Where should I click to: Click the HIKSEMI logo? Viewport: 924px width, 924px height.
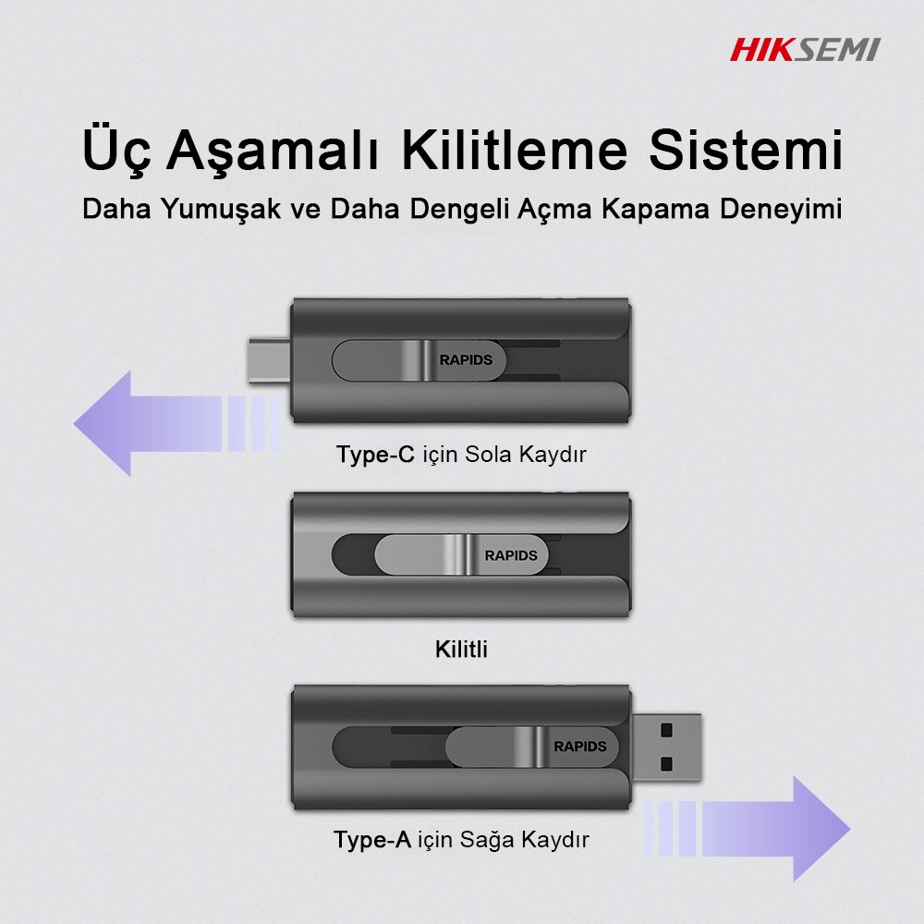pyautogui.click(x=805, y=50)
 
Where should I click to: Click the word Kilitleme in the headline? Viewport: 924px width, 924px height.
pyautogui.click(x=515, y=150)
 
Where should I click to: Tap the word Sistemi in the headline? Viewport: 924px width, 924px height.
pyautogui.click(x=746, y=150)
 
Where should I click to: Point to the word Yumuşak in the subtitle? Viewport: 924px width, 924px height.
pyautogui.click(x=221, y=209)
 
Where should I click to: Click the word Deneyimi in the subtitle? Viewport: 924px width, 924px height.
pyautogui.click(x=781, y=209)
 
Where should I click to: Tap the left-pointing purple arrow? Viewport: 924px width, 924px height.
pyautogui.click(x=176, y=424)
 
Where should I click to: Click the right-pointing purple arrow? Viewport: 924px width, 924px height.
pyautogui.click(x=747, y=829)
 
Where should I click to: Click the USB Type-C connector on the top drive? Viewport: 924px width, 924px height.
pyautogui.click(x=270, y=360)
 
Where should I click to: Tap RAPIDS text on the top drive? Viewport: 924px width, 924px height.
pyautogui.click(x=466, y=359)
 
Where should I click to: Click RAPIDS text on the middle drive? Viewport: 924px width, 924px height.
pyautogui.click(x=511, y=555)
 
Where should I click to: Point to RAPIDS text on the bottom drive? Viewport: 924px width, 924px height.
pyautogui.click(x=580, y=746)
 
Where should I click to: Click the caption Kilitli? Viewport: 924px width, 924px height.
pyautogui.click(x=461, y=650)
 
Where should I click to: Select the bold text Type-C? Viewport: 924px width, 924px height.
pyautogui.click(x=375, y=455)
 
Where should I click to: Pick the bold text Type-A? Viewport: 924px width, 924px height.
pyautogui.click(x=372, y=839)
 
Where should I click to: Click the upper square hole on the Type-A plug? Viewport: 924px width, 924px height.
pyautogui.click(x=666, y=731)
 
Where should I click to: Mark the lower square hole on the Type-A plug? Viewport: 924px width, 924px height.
pyautogui.click(x=666, y=764)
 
